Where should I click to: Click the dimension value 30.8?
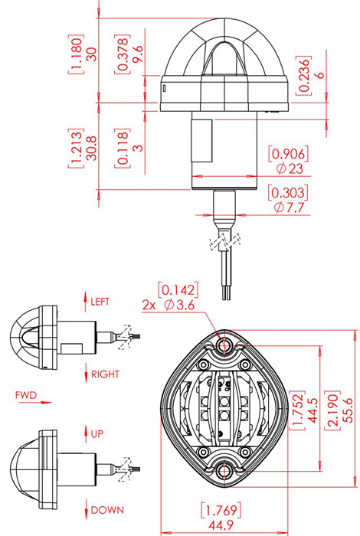click(x=91, y=148)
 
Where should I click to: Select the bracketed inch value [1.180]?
click(x=76, y=54)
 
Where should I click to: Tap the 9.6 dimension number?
click(x=137, y=54)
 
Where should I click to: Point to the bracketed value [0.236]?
click(x=303, y=75)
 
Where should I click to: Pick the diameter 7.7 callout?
click(x=290, y=208)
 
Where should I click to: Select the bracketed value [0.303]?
click(x=288, y=193)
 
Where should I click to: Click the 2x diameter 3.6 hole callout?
click(x=169, y=304)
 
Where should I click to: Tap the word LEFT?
click(x=100, y=302)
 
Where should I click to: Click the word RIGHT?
click(x=105, y=374)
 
